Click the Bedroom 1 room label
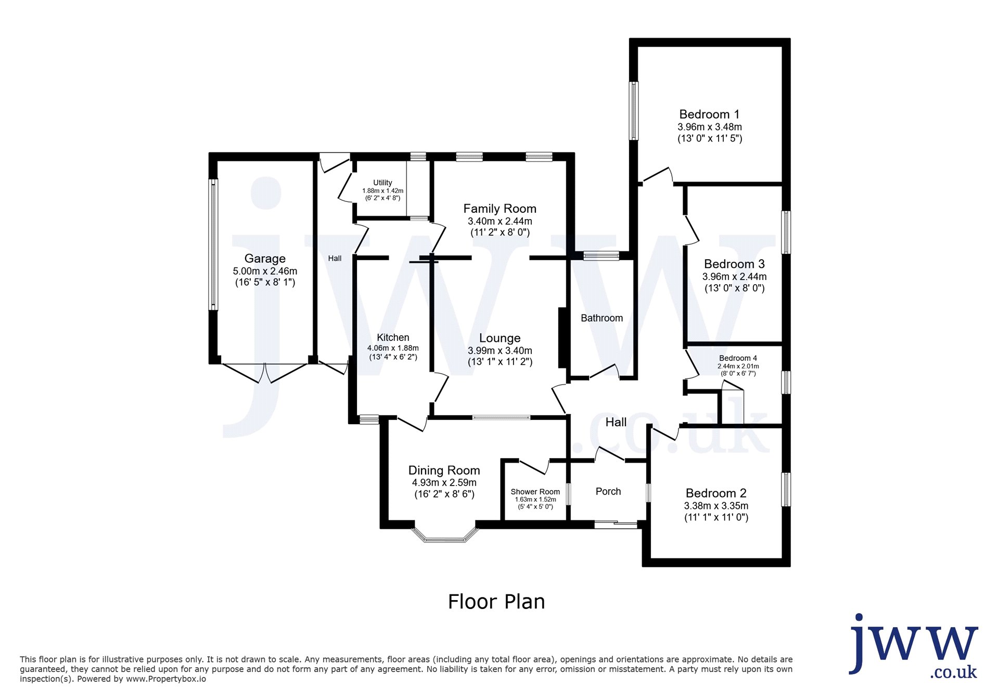pos(709,115)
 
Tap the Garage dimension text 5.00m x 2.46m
pos(265,271)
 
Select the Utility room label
pos(382,183)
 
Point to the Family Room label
pos(499,209)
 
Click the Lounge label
pos(499,338)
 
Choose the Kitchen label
pos(393,338)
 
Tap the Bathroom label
pos(601,318)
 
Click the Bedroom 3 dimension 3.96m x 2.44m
pos(734,277)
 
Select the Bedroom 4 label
pos(738,358)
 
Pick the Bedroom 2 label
pos(716,493)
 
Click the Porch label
pos(608,491)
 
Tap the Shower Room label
pos(535,492)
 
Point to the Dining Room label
pos(444,471)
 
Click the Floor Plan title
pos(496,602)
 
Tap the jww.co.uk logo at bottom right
pos(914,646)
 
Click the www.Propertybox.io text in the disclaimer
pos(166,679)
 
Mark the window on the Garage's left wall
pos(213,245)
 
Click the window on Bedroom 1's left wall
pos(634,111)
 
